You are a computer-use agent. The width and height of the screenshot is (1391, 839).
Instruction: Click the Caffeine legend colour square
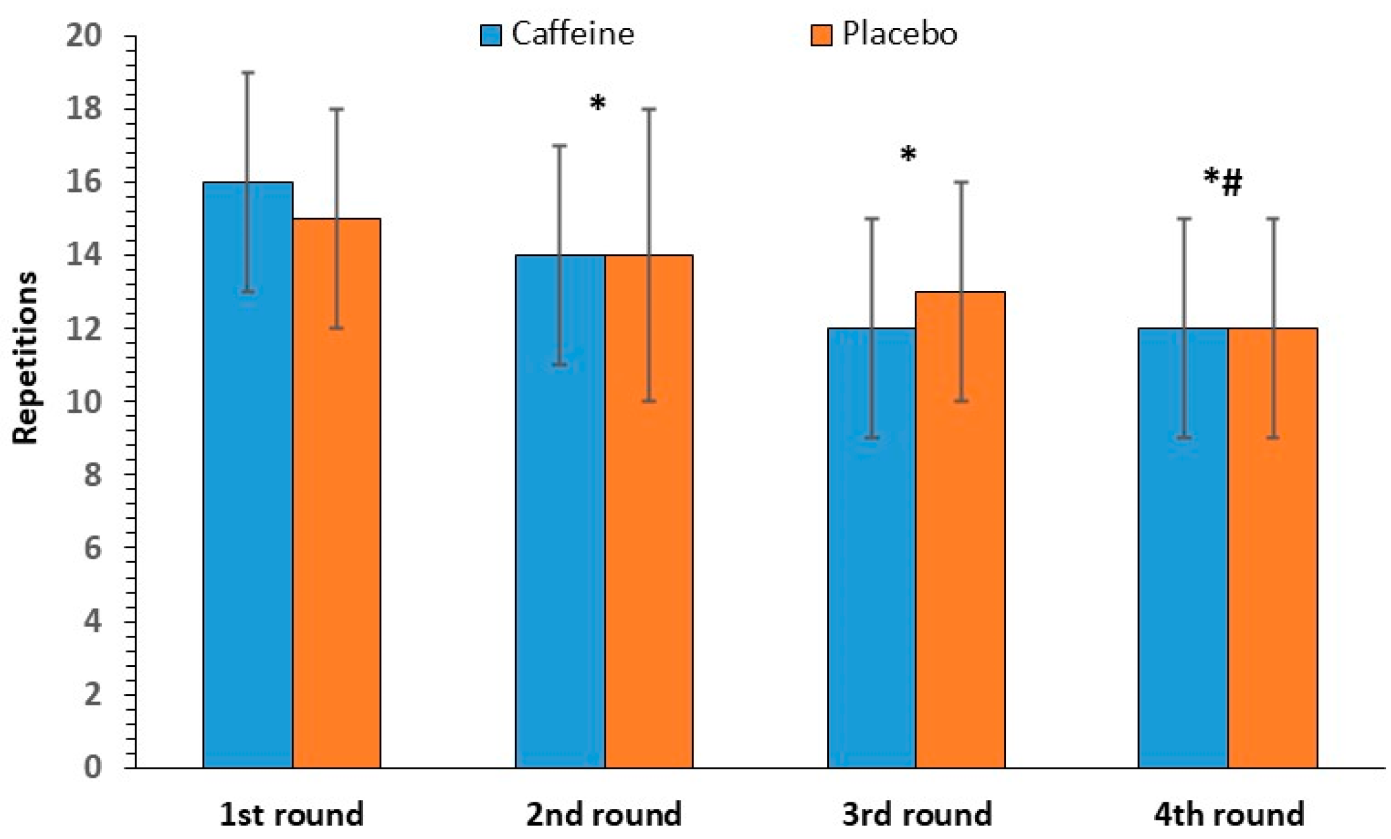(x=491, y=35)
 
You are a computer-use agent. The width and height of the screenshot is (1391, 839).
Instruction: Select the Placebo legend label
(x=899, y=34)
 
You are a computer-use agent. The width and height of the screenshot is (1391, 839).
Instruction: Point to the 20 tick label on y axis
(x=83, y=35)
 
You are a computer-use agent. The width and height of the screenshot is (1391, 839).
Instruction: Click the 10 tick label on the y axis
(x=83, y=401)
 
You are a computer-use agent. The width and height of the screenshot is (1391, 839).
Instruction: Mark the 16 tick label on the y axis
(x=83, y=182)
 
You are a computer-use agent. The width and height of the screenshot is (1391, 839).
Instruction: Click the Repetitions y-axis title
(x=25, y=357)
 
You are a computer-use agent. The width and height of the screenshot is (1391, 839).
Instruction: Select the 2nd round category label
(x=604, y=814)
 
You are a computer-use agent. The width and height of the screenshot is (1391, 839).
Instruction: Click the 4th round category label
(x=1229, y=814)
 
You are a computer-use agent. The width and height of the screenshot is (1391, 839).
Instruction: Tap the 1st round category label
(x=292, y=814)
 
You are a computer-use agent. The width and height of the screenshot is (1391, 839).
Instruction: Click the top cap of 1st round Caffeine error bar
(x=247, y=73)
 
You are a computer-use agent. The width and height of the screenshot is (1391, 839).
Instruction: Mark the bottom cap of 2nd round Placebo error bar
(x=649, y=401)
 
